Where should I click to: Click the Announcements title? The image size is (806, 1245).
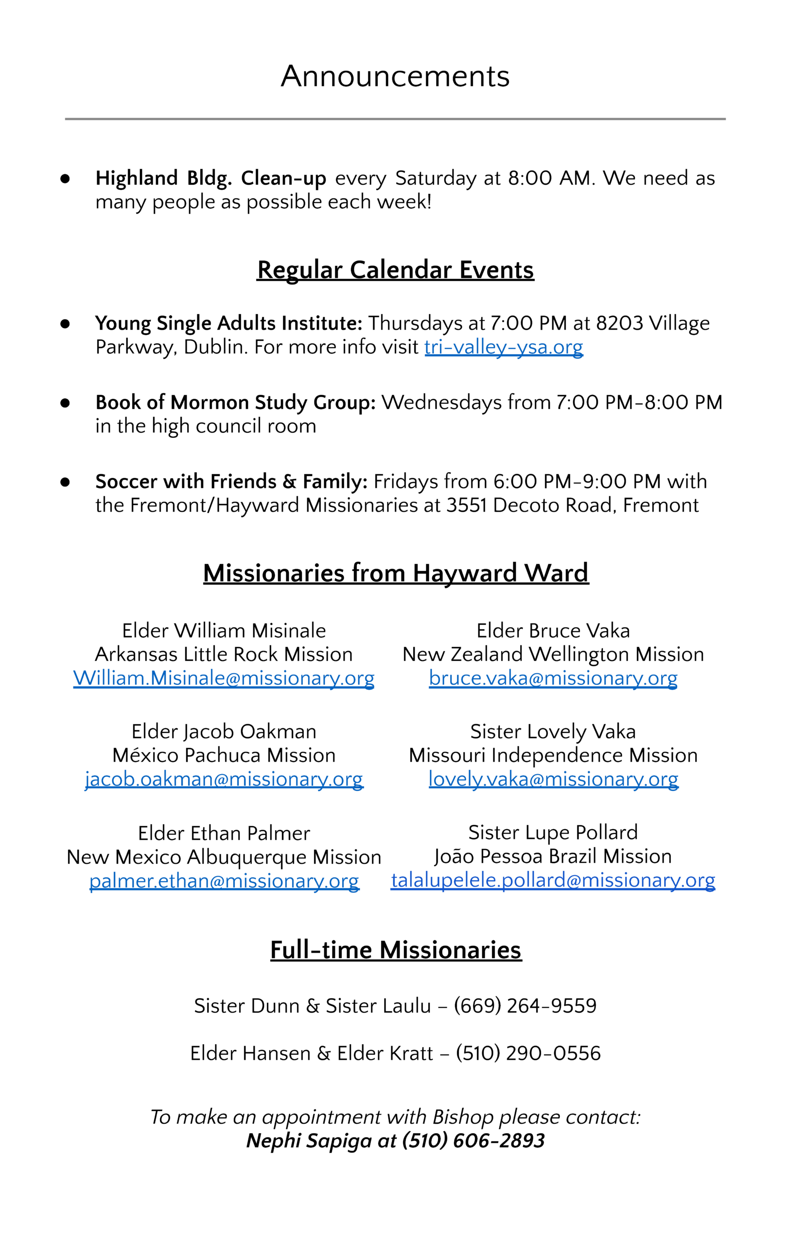(395, 76)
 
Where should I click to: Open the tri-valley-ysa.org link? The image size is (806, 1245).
(503, 347)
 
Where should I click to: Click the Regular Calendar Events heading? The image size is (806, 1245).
(395, 270)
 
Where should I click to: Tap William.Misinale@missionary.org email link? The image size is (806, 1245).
(223, 678)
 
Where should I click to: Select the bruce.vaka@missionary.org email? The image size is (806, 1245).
(553, 678)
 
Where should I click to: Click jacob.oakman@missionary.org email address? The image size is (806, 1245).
(223, 779)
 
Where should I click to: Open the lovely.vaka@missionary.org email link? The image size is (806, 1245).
(553, 779)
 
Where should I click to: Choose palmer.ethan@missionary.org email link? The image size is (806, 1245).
(223, 881)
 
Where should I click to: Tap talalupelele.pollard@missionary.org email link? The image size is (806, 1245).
(553, 880)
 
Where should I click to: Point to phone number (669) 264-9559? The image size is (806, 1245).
(525, 1005)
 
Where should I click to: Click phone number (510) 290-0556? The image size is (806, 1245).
(528, 1053)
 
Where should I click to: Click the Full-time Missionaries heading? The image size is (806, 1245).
(395, 949)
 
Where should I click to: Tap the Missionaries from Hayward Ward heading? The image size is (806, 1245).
(395, 573)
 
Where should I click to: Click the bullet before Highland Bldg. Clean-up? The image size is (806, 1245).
(65, 179)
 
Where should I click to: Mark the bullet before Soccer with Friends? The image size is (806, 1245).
(65, 482)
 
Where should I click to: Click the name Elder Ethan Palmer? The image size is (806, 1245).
(223, 833)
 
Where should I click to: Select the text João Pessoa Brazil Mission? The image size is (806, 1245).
(553, 856)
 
